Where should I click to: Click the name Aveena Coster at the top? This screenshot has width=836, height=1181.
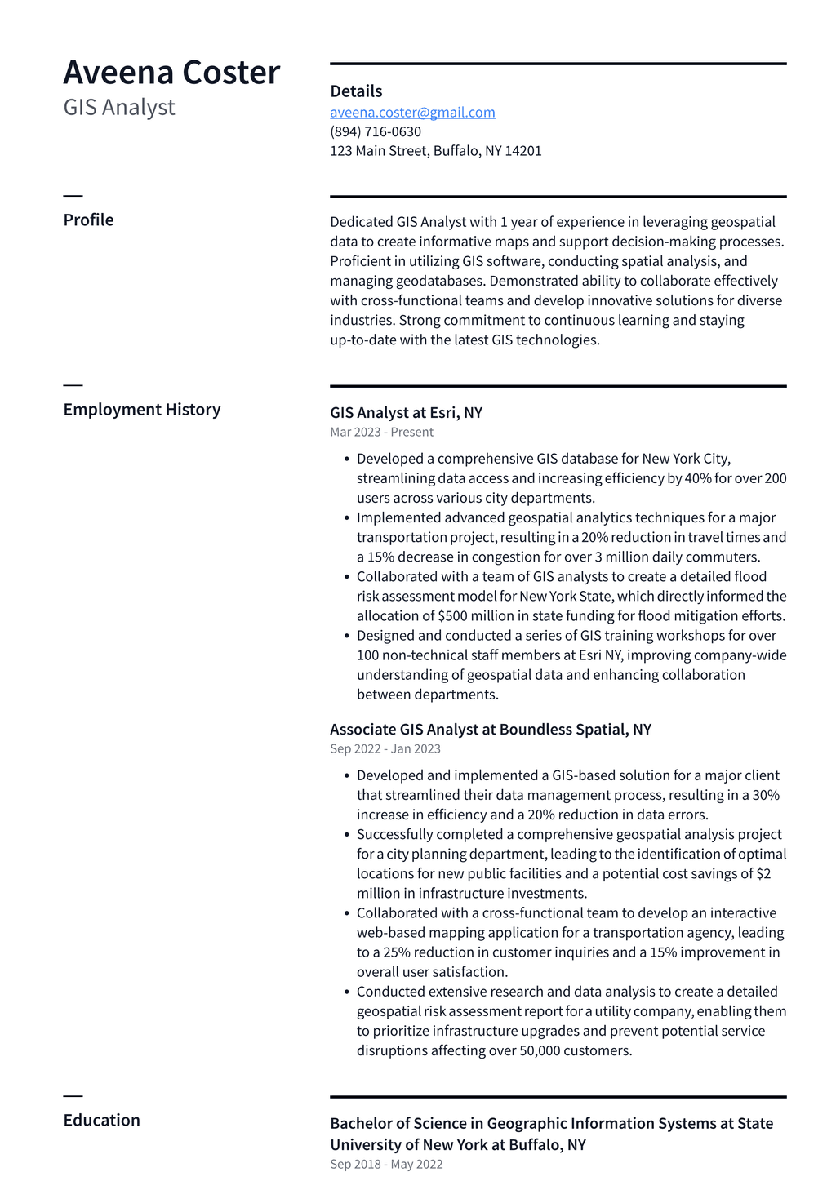(x=171, y=73)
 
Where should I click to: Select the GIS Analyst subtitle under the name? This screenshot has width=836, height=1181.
(x=119, y=108)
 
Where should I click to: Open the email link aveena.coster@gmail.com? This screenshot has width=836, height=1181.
(x=412, y=113)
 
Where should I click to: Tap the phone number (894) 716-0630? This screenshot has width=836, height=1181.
(x=376, y=131)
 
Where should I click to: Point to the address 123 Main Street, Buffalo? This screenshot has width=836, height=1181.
(x=435, y=151)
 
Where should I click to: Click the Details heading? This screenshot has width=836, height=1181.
(x=356, y=91)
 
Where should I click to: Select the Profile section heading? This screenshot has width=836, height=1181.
(x=88, y=220)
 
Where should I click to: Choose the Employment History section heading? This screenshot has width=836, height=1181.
(x=142, y=410)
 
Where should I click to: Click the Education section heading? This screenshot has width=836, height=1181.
(x=101, y=1121)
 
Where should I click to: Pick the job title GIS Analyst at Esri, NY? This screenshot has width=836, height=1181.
(x=406, y=413)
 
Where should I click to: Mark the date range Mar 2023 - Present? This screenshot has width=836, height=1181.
(x=381, y=433)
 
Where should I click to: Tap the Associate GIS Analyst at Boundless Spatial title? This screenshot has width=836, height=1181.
(x=490, y=730)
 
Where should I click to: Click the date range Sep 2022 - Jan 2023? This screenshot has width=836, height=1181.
(x=385, y=749)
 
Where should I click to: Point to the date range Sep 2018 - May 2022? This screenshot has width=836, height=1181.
(x=386, y=1165)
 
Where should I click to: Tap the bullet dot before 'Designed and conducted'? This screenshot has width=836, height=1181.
(x=347, y=637)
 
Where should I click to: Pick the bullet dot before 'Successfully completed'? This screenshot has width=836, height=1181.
(x=347, y=835)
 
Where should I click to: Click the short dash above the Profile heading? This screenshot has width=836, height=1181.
(x=73, y=196)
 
